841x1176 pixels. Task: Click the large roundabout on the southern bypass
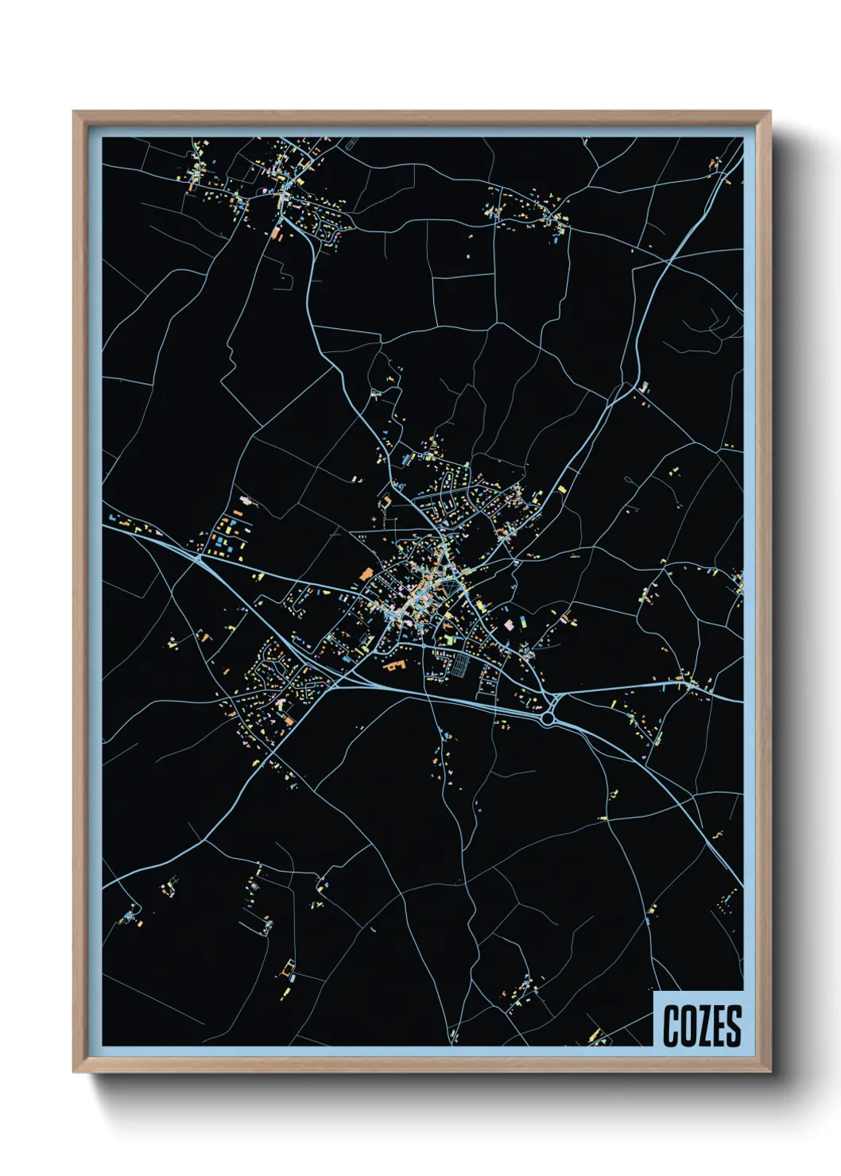[548, 718]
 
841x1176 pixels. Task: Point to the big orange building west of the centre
[366, 573]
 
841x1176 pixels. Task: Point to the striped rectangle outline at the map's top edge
[350, 144]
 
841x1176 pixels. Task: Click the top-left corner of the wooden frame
[74, 112]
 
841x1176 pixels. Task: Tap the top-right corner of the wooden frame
[769, 112]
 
